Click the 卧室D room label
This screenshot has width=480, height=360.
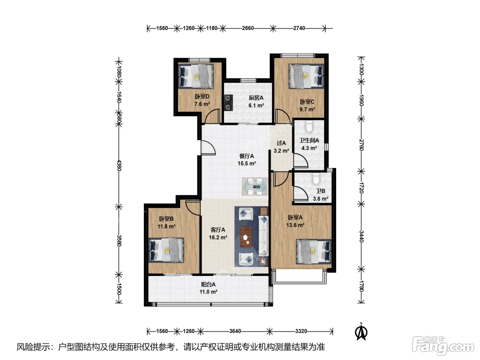[202, 96]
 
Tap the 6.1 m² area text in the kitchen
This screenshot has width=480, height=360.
[256, 105]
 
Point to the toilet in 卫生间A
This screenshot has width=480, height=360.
[309, 126]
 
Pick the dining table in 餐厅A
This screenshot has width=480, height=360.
[254, 187]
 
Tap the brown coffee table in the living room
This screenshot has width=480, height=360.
[246, 237]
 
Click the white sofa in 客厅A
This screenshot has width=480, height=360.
[263, 236]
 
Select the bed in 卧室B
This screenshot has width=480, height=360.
[166, 250]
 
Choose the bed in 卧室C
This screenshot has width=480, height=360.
[306, 76]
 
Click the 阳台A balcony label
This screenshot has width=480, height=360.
[208, 284]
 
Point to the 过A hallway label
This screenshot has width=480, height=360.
[281, 143]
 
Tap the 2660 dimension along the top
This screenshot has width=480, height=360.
[248, 28]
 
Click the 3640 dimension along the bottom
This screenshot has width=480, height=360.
[235, 331]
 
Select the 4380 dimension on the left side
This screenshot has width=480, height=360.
[119, 166]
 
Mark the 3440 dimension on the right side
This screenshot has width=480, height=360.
[361, 237]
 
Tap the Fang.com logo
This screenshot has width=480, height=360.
[443, 346]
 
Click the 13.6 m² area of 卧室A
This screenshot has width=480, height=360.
[295, 225]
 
